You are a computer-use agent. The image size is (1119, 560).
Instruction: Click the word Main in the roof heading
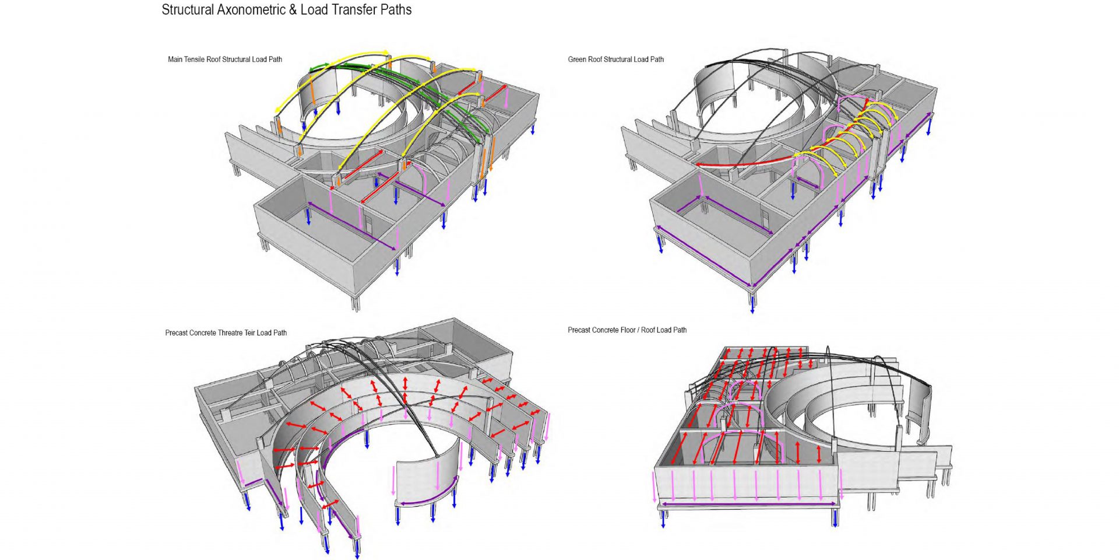[175, 60]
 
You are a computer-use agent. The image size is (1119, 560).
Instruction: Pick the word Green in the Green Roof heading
[578, 60]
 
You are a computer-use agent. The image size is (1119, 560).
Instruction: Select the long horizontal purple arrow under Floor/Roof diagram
[748, 504]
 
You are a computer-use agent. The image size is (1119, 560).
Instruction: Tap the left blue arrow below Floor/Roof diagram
[663, 518]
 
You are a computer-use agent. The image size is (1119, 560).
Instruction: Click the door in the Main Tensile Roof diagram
[368, 222]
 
